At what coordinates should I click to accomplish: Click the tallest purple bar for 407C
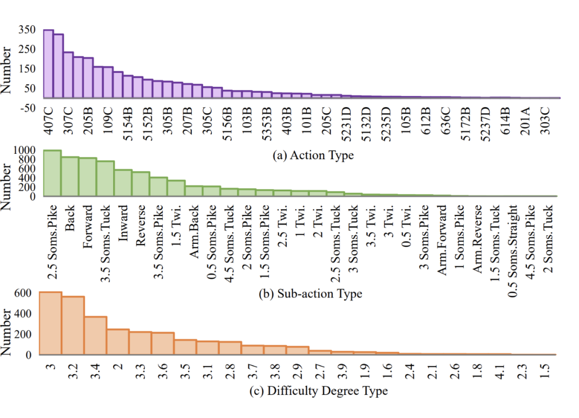pos(48,64)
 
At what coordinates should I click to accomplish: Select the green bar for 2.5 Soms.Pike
pos(52,174)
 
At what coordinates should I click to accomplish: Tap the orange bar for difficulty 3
pos(50,323)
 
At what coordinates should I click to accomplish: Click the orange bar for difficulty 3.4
pos(95,335)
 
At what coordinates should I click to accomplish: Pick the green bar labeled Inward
pos(123,183)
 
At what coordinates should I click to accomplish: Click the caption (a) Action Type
pos(313,156)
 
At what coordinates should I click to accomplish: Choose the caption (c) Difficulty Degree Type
pos(318,391)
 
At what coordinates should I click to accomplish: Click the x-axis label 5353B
pos(266,125)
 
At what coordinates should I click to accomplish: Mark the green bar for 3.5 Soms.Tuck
pos(105,178)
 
